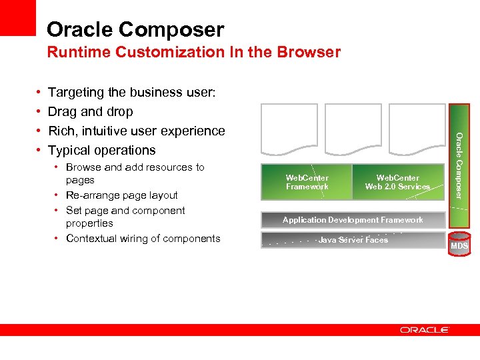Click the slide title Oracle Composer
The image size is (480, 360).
click(135, 29)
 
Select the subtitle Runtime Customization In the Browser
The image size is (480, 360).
click(193, 52)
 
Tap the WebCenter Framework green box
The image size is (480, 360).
click(307, 182)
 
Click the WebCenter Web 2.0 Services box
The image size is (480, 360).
click(397, 182)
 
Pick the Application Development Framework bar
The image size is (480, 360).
click(353, 220)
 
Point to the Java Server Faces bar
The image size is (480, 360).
click(353, 240)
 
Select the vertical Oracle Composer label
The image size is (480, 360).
click(459, 164)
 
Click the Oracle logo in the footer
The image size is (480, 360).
click(425, 330)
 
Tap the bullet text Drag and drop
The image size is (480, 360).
click(90, 111)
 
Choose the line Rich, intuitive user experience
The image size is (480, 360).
click(136, 131)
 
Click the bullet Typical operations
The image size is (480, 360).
click(101, 150)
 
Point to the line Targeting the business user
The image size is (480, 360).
click(131, 92)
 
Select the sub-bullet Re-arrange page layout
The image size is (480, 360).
click(121, 195)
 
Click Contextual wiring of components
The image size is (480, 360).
click(143, 239)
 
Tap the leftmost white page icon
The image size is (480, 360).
click(289, 133)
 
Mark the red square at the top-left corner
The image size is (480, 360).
click(17, 17)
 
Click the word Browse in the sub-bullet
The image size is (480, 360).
click(83, 167)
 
